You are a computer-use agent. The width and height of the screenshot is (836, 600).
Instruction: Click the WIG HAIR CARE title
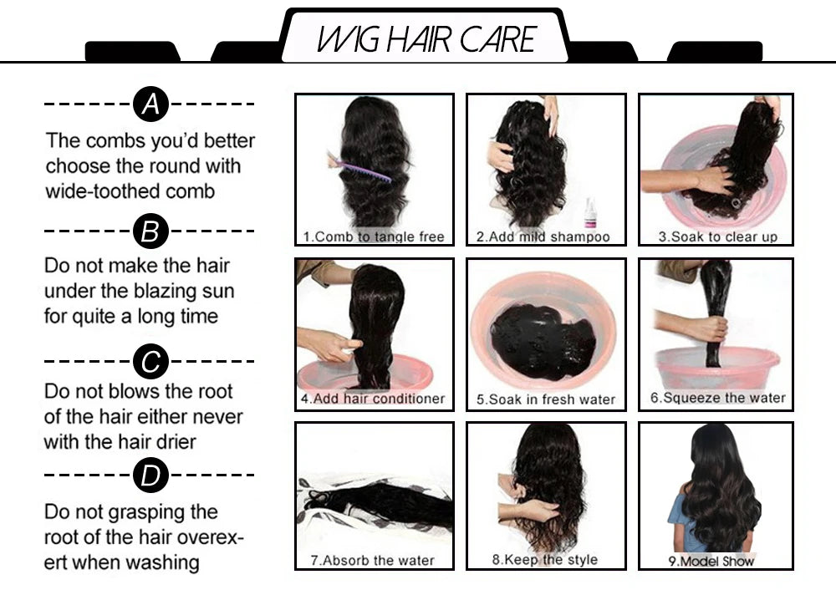(426, 38)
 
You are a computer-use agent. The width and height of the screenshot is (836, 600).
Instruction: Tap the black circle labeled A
(150, 104)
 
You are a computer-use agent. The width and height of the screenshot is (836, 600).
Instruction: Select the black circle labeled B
(150, 231)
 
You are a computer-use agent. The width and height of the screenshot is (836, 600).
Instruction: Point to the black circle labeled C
(150, 362)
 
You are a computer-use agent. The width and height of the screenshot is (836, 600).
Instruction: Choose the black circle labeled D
(150, 476)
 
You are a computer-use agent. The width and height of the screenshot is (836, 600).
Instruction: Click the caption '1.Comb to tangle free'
(374, 236)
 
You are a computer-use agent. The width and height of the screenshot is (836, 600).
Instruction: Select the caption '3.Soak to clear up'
(717, 236)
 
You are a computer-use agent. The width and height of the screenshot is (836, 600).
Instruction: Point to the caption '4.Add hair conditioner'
(374, 399)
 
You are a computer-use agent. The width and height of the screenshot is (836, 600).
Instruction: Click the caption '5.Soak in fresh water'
(545, 399)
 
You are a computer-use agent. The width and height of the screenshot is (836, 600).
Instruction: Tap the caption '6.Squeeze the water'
(718, 398)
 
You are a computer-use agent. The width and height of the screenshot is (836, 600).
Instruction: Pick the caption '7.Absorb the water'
(374, 560)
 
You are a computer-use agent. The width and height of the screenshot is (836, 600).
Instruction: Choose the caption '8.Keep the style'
(545, 559)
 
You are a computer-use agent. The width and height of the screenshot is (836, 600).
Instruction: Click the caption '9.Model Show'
(711, 561)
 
